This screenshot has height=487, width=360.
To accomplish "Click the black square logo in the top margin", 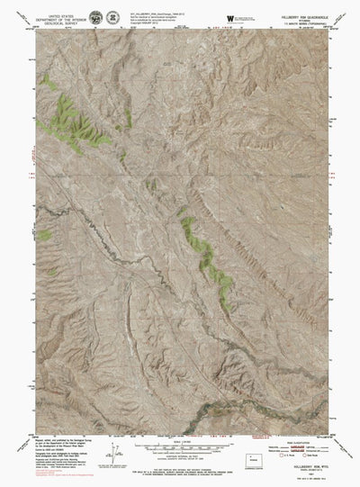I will (230, 17).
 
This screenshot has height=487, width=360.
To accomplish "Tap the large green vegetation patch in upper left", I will (70, 117).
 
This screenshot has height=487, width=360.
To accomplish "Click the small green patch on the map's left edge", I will (43, 235).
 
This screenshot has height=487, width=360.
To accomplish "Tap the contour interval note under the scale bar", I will (179, 457).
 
